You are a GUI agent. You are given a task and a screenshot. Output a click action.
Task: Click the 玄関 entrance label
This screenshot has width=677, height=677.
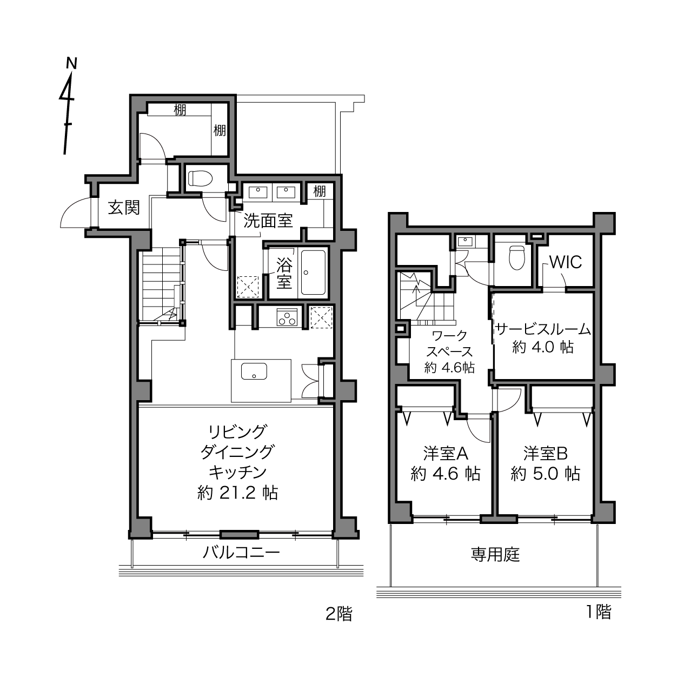pyautogui.click(x=124, y=208)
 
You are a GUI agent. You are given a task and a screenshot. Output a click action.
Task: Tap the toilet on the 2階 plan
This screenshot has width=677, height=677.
pyautogui.click(x=201, y=178)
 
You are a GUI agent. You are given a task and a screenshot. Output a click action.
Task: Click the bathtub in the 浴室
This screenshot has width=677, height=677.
pyautogui.click(x=313, y=273)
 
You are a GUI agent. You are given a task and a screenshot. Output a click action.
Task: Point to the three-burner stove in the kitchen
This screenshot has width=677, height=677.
pyautogui.click(x=287, y=317)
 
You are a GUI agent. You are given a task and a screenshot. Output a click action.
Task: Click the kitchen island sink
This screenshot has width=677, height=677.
pyautogui.click(x=254, y=371)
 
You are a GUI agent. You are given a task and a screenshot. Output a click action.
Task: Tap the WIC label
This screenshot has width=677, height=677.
pyautogui.click(x=566, y=262)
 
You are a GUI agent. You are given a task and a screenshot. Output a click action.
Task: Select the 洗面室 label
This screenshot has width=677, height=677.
pyautogui.click(x=268, y=221)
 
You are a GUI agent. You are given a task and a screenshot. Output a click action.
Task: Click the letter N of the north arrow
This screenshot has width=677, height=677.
pyautogui.click(x=71, y=63)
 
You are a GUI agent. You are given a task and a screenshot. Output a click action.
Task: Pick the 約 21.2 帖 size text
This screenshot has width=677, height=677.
pyautogui.click(x=238, y=493)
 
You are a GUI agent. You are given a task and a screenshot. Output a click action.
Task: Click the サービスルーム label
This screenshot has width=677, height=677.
pyautogui.click(x=543, y=329)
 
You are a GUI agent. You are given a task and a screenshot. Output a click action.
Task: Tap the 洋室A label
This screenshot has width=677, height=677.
pyautogui.click(x=446, y=453)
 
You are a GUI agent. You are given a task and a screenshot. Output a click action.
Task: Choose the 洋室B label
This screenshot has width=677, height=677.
pyautogui.click(x=546, y=453)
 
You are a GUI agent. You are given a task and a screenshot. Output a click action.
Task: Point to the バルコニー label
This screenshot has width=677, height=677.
pyautogui.click(x=241, y=553)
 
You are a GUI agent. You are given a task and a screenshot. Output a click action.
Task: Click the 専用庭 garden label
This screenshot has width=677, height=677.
pyautogui.click(x=495, y=555)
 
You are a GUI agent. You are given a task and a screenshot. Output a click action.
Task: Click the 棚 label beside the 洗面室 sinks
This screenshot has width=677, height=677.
pyautogui.click(x=320, y=191)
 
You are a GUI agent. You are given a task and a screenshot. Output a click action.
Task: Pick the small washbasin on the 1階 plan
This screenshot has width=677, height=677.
pyautogui.click(x=466, y=241)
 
